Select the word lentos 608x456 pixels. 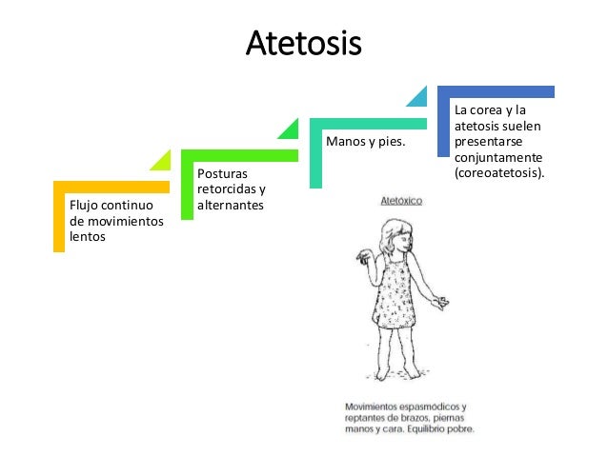point(87,237)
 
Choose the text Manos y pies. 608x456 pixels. point(365,142)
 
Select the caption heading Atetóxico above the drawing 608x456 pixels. point(401,203)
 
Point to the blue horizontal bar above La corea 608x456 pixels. point(496,91)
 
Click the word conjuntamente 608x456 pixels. point(498,158)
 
